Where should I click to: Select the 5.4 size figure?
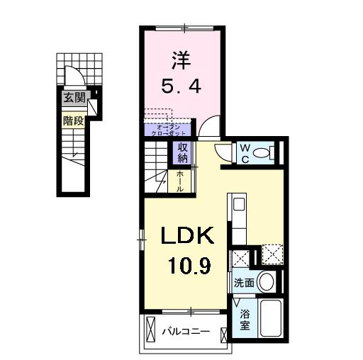[x=182, y=86]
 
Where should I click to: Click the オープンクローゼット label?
[x=167, y=130]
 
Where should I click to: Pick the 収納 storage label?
[x=181, y=152]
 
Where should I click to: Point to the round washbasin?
[x=266, y=281]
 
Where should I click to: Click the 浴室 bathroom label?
[x=245, y=319]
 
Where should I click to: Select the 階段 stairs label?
[x=72, y=120]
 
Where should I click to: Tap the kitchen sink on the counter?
[x=239, y=204]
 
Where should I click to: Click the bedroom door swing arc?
[x=209, y=128]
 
